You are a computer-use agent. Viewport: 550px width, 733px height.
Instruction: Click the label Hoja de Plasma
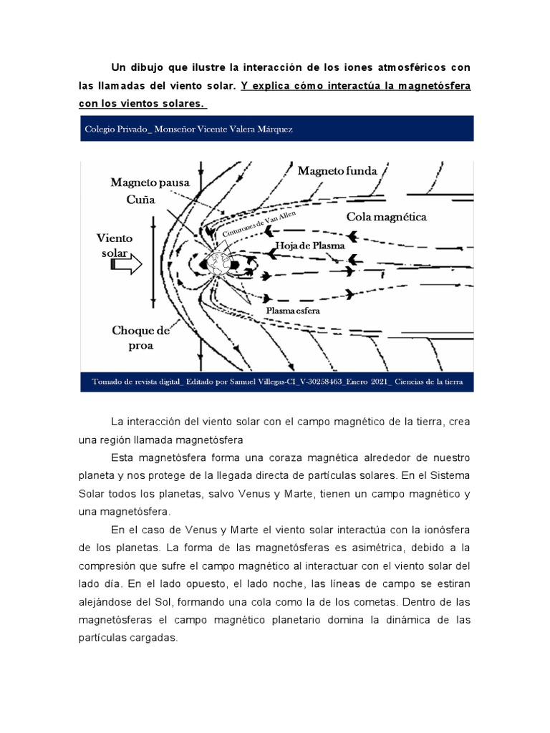[311, 246]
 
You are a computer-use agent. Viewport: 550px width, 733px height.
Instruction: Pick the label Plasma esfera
[293, 311]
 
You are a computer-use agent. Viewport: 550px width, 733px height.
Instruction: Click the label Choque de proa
[141, 337]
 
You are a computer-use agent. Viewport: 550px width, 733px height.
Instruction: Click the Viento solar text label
[115, 245]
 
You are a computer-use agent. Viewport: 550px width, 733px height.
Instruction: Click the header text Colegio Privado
[115, 129]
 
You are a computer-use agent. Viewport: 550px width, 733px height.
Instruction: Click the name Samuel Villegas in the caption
[251, 382]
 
